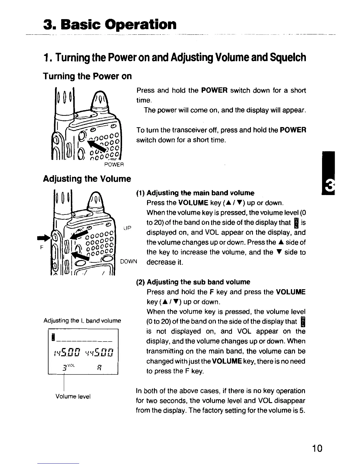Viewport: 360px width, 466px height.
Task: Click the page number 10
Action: pyautogui.click(x=317, y=448)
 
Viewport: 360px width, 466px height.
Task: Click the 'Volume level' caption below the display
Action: pyautogui.click(x=73, y=396)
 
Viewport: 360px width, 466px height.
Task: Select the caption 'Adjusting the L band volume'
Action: pyautogui.click(x=82, y=320)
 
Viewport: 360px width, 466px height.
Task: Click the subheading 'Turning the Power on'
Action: pyautogui.click(x=87, y=76)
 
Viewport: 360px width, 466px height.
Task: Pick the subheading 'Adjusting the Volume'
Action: pyautogui.click(x=87, y=179)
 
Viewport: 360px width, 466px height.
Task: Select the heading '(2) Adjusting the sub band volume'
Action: pyautogui.click(x=193, y=282)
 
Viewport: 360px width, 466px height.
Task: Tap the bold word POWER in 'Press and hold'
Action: pyautogui.click(x=215, y=90)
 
